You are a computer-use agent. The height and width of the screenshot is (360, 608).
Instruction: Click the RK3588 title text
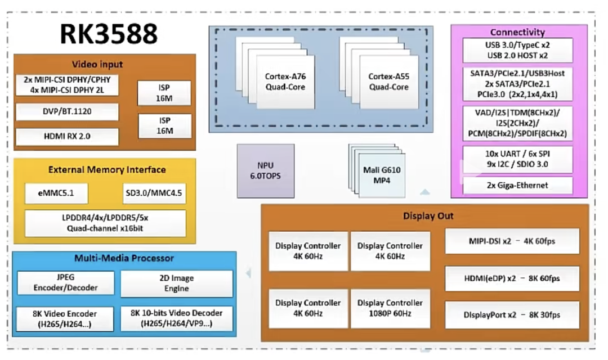coord(109,34)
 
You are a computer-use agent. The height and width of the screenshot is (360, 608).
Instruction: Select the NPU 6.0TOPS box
coord(265,170)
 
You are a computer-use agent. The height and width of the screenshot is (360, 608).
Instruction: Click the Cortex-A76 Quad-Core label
coord(285,82)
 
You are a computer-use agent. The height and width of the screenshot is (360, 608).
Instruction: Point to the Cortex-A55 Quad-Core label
coord(389,82)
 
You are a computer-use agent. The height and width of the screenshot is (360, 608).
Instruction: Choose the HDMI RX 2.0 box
coord(67,137)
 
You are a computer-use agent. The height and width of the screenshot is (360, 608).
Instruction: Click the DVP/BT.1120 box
coord(67,111)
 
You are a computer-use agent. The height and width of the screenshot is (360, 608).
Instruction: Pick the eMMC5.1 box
coord(56,194)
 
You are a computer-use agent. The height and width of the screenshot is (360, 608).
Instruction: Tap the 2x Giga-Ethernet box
coord(517,185)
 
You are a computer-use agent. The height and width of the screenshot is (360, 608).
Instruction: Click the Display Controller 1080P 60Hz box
coord(390,308)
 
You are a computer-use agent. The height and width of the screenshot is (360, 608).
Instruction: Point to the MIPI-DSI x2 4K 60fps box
coord(512,241)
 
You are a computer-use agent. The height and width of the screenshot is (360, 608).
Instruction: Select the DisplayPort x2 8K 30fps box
coord(512,315)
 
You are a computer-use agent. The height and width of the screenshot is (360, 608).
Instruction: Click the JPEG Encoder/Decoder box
coord(65,283)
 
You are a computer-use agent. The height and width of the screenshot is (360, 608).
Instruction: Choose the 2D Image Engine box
coord(177,283)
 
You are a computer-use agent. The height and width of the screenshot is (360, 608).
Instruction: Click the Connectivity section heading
coord(517,32)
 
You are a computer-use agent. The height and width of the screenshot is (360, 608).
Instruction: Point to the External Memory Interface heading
coord(107,169)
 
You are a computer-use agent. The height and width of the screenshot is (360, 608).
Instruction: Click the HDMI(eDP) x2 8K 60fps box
coord(512,278)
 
